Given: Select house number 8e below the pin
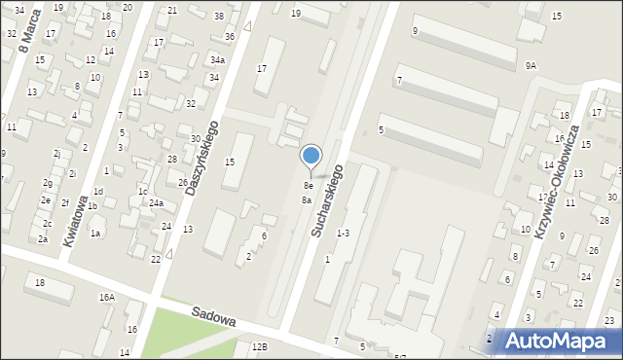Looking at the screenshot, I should (308, 185).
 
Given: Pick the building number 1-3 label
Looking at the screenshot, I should (343, 234).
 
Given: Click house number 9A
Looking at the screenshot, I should (531, 65).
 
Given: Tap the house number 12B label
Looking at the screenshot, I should (259, 346).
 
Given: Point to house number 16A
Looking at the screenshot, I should (106, 297).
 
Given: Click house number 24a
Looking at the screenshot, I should (156, 203).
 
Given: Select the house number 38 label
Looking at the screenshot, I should (219, 17).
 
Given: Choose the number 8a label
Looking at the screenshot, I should (306, 199).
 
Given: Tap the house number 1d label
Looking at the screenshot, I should (98, 192).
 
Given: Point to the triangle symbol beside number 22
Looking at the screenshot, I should (169, 254).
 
